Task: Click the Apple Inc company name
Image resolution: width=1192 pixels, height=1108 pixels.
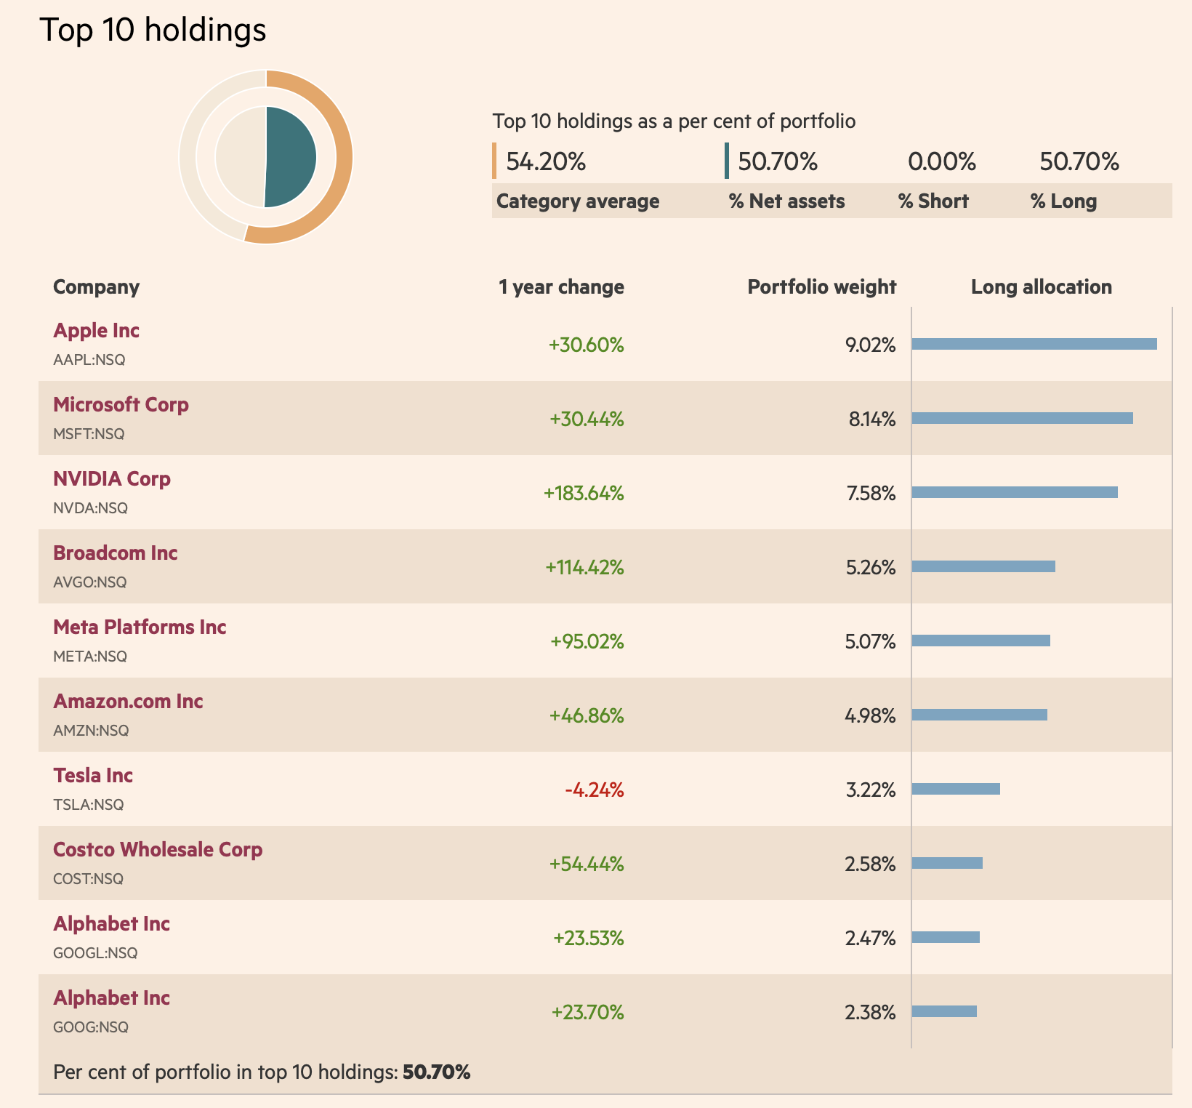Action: point(96,331)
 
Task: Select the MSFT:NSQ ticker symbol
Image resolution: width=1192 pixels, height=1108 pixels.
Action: point(89,434)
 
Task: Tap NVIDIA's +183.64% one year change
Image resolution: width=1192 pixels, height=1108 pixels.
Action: point(584,494)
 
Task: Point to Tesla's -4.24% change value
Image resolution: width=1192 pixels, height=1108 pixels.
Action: point(595,790)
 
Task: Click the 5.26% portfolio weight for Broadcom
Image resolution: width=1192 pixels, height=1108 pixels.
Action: point(871,568)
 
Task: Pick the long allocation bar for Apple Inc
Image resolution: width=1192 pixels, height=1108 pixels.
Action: point(1034,344)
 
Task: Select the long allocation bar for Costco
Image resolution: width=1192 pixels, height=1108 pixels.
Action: point(947,863)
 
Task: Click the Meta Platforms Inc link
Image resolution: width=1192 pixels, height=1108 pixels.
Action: point(140,627)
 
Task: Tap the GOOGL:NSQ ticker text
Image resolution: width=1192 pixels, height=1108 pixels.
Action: point(95,953)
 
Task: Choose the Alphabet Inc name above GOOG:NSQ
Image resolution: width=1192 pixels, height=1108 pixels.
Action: point(111,998)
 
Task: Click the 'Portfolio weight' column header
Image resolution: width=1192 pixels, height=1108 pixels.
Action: point(821,287)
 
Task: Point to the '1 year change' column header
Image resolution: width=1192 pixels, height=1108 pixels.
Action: point(561,287)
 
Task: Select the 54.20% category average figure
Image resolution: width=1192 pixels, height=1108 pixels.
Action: point(546,161)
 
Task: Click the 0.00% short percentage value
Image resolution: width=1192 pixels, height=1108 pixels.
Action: point(941,161)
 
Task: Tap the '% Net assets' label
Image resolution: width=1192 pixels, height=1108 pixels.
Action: point(786,201)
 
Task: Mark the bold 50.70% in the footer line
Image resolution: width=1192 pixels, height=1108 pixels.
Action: point(436,1072)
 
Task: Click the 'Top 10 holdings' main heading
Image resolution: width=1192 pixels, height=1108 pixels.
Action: point(153,31)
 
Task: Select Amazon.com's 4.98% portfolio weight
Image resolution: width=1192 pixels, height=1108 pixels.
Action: point(870,716)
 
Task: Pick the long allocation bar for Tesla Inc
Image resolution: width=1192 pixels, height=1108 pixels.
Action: point(956,789)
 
